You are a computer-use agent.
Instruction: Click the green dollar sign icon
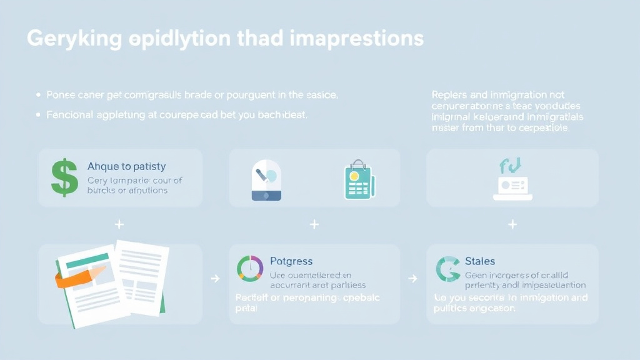point(64,177)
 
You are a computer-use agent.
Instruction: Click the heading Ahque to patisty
point(126,166)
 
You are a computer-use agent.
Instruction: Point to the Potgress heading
point(291,261)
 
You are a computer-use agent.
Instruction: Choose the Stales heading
point(480,261)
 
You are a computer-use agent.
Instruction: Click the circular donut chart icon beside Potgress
point(250,268)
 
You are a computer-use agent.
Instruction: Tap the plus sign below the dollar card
point(119,224)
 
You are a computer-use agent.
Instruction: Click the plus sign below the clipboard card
point(314,224)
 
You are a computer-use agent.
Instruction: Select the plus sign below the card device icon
point(512,224)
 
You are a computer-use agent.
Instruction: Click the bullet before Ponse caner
point(38,95)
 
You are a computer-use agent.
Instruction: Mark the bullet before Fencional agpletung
point(38,115)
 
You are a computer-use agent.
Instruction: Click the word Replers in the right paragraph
point(449,95)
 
